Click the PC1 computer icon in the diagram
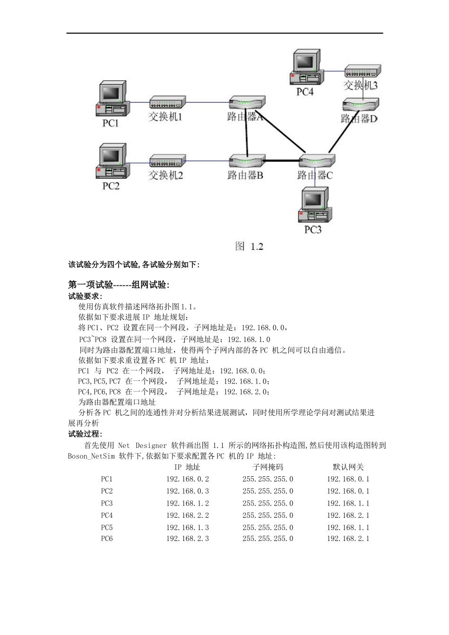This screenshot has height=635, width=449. point(112,99)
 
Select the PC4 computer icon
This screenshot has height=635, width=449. point(306,67)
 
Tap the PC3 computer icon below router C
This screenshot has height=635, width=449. point(314,205)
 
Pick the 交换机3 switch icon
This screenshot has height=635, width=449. point(363,71)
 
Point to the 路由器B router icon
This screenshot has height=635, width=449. point(247,161)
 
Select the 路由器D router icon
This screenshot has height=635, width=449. point(361,104)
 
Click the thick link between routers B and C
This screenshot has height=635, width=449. point(282,161)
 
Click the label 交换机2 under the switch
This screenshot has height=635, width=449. point(165,175)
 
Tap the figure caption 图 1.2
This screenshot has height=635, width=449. point(249,246)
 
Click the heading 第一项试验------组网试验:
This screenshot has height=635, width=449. point(119,284)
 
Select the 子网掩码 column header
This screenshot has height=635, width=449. point(268,467)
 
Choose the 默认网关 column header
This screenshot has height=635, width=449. point(348,467)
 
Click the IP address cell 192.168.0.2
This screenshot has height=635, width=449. point(187,479)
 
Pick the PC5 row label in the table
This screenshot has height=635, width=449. point(107,527)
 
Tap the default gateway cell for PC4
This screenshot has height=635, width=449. point(348,515)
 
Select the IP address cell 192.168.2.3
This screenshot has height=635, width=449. point(187,539)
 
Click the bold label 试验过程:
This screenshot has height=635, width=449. point(85,434)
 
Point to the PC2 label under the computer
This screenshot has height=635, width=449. point(111,186)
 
